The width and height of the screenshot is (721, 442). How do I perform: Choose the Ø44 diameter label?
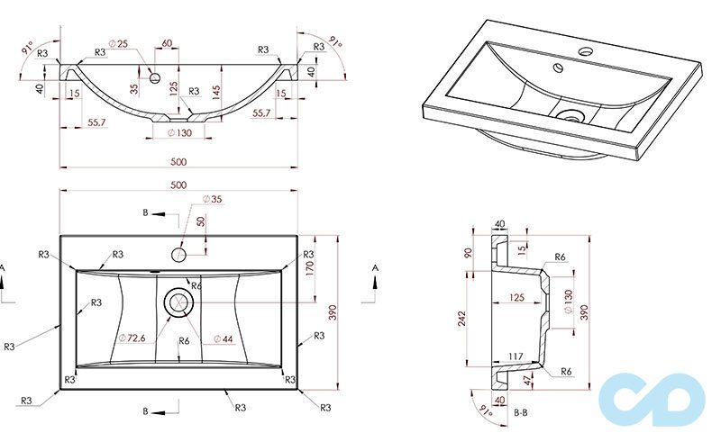coord(223,338)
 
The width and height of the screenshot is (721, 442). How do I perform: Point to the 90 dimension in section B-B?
coord(468,253)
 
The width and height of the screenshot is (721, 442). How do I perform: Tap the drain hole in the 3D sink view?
coord(569,115)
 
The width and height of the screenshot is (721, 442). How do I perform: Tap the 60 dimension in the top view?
coord(168,44)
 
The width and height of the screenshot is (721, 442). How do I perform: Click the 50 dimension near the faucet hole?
coord(201,221)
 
